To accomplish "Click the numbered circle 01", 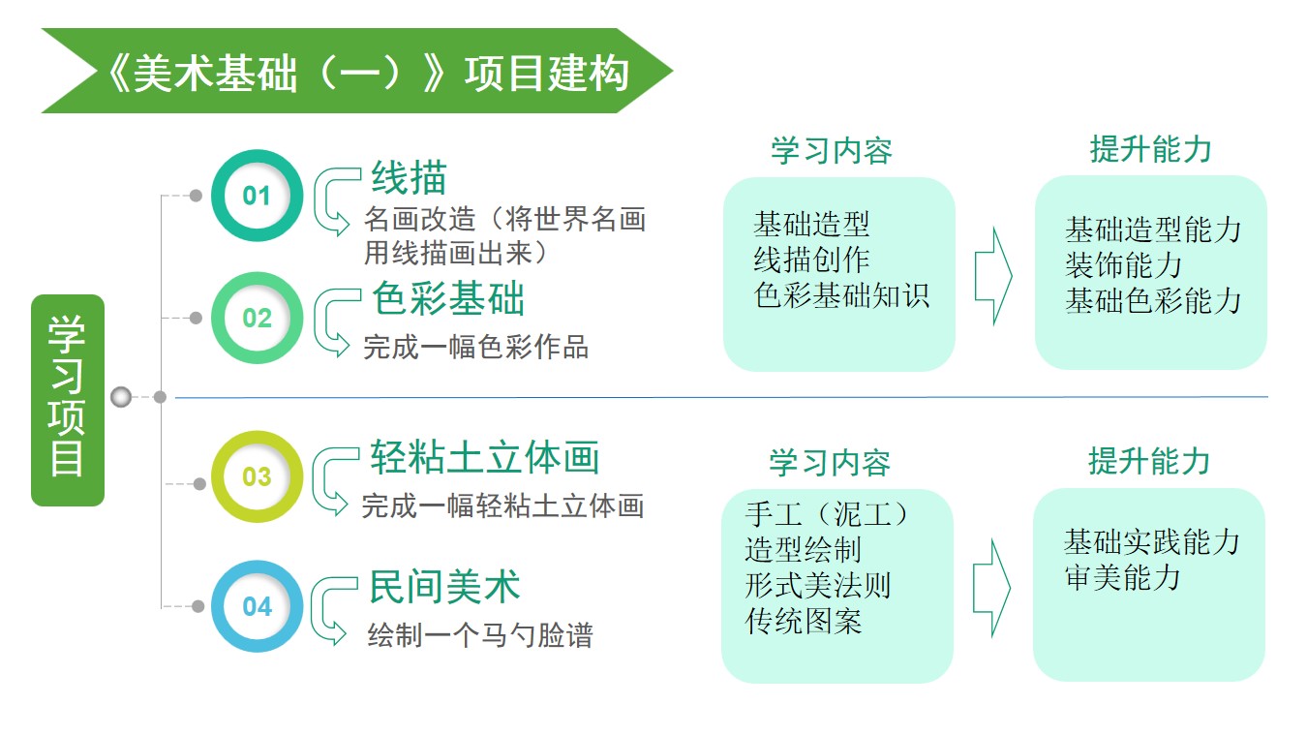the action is [257, 197].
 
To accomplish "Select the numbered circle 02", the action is [257, 319].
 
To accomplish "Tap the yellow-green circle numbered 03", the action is [257, 476].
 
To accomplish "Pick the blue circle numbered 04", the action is [257, 607].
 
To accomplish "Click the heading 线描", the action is [410, 178].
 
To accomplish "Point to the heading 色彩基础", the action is [448, 299].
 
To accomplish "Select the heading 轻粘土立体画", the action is [485, 458].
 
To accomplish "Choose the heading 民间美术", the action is [445, 587].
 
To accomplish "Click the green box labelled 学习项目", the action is [68, 400].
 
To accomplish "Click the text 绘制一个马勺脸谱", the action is [480, 636].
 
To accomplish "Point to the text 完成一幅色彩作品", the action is [475, 347].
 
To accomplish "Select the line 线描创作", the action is [811, 260].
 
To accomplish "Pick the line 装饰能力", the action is [1123, 264].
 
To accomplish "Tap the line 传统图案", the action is [804, 620].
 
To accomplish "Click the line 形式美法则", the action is [818, 585].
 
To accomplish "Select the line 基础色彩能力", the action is [1153, 300].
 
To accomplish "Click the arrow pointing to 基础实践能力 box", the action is [991, 588].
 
